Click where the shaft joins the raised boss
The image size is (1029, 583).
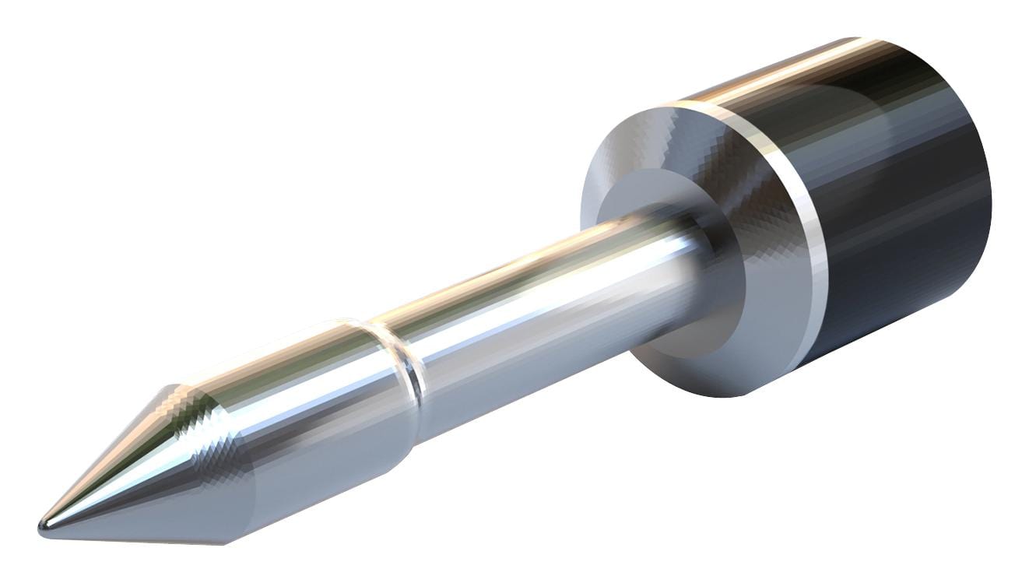685,234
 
